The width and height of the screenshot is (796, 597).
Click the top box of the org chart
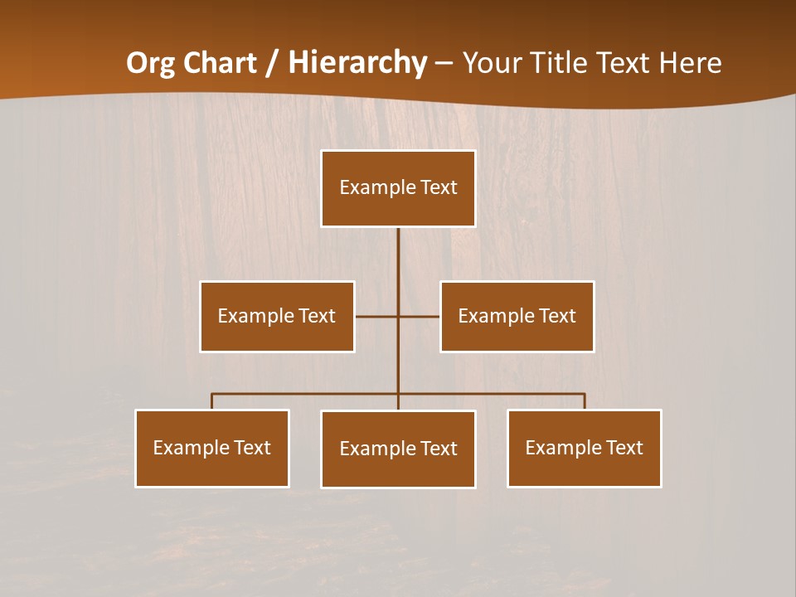(x=398, y=188)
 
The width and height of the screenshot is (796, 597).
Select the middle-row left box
(x=277, y=316)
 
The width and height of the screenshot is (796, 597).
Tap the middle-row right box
(x=517, y=316)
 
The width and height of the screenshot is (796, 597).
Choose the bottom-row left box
(x=212, y=448)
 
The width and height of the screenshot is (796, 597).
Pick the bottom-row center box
(x=398, y=449)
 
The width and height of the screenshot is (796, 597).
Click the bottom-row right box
(x=584, y=448)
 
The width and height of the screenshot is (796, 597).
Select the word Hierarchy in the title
(x=357, y=63)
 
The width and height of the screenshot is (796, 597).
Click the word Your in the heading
(x=493, y=63)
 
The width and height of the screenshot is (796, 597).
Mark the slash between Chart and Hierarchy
(x=271, y=63)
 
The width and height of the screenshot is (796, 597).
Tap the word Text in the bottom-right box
(x=624, y=448)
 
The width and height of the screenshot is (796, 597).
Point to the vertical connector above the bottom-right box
(x=585, y=401)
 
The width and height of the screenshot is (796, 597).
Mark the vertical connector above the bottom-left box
(x=212, y=401)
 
